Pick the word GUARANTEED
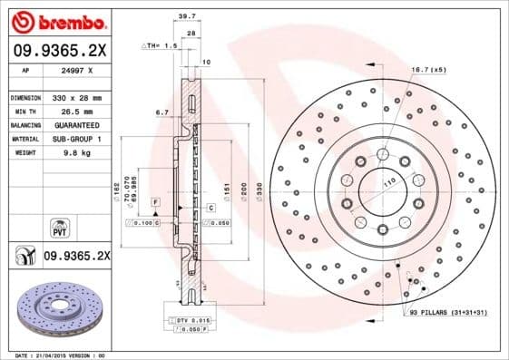[77, 124]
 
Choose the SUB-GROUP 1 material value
[76, 139]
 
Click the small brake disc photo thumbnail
[56, 310]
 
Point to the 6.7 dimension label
[163, 112]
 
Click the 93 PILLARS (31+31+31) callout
[448, 313]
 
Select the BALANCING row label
[24, 124]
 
